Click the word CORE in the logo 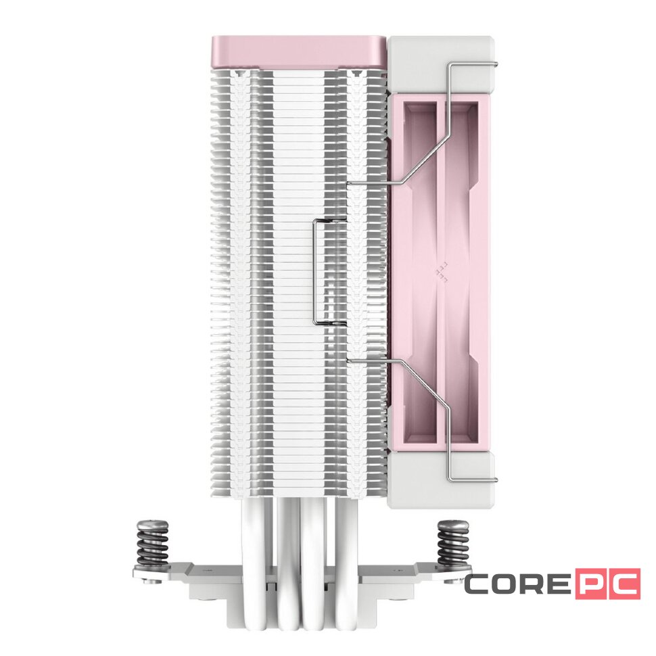coord(517,585)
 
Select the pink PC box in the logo coord(607,585)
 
